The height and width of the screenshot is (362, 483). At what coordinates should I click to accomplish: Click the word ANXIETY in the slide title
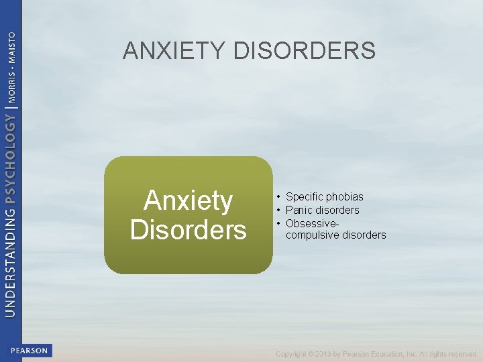click(x=174, y=51)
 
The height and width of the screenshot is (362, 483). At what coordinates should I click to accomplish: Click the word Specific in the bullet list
click(x=305, y=196)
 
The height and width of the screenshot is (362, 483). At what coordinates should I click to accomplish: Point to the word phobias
click(x=345, y=196)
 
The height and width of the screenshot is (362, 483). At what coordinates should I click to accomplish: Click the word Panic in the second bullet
click(x=299, y=210)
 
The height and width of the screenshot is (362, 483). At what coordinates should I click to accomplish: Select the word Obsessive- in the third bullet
click(x=312, y=223)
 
